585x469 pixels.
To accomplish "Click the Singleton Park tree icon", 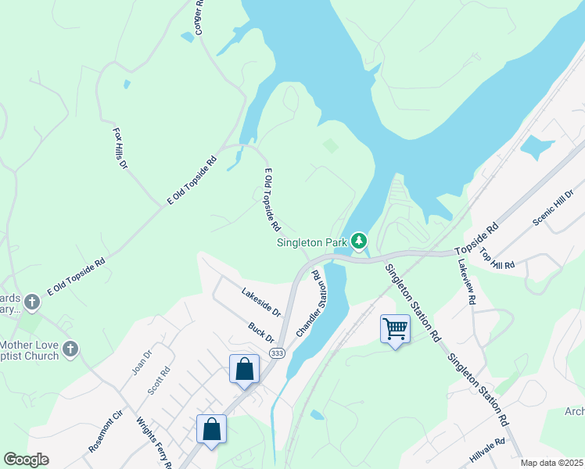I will [359, 241].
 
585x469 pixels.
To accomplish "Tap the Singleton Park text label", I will [312, 242].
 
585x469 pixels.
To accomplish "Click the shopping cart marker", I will [395, 328].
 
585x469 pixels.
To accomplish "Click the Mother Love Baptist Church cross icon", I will [70, 349].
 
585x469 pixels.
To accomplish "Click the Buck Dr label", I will [261, 332].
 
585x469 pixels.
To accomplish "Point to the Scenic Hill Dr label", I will [552, 208].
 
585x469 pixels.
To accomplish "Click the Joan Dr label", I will [141, 361].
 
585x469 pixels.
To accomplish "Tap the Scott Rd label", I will [160, 381].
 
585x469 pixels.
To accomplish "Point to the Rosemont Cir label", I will [106, 432].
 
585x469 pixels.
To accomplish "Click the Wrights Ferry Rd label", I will [154, 442].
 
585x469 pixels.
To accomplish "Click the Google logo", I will [26, 460].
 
